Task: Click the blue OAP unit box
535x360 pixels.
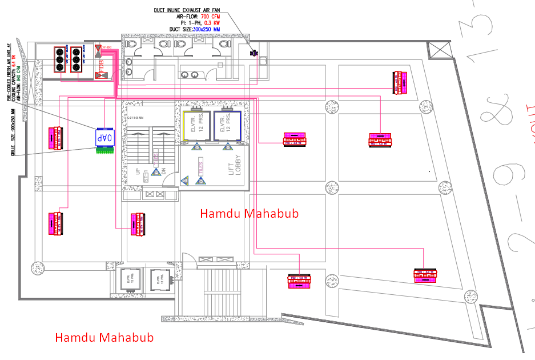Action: pos(104,138)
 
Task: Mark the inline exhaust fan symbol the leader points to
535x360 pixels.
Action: pos(254,53)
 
